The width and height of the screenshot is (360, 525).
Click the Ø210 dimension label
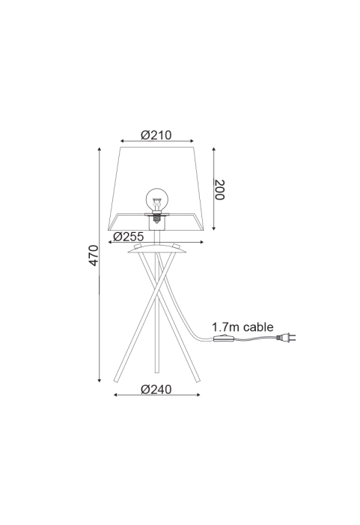(x=156, y=135)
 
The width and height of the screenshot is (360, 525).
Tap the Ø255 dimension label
(x=129, y=237)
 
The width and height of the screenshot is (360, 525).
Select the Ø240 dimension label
(x=156, y=389)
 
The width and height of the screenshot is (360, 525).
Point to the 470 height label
(x=94, y=255)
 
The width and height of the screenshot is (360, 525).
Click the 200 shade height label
(x=219, y=189)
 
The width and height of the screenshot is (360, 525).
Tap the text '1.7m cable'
(x=242, y=327)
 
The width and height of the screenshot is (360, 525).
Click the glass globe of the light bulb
(x=156, y=200)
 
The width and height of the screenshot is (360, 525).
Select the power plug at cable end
(x=286, y=338)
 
